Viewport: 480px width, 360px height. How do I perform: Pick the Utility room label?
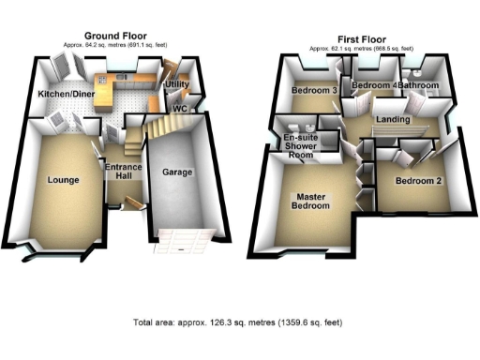178,85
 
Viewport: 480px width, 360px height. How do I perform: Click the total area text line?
238,322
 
